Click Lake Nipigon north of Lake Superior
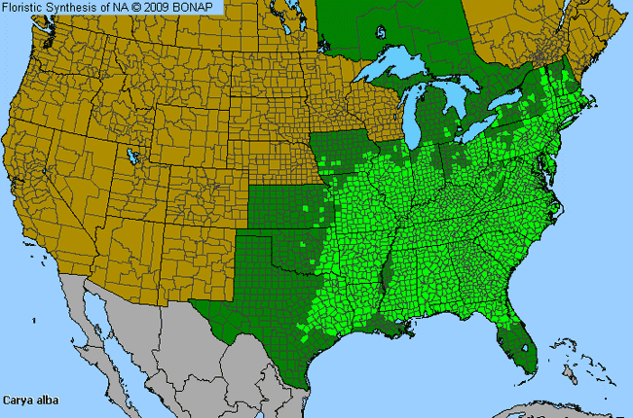click(379, 30)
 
